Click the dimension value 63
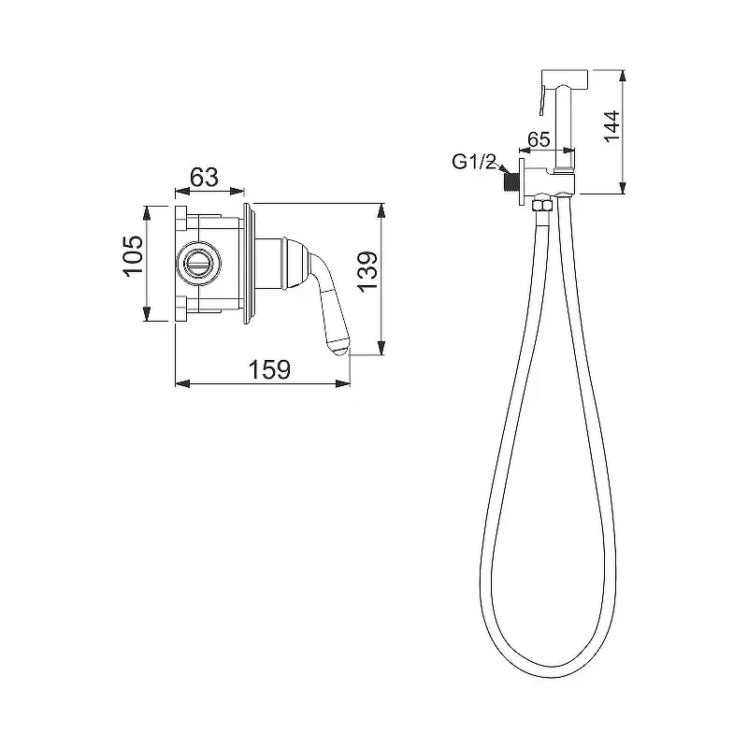204,177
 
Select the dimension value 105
133,254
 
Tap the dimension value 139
367,270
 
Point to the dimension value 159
269,369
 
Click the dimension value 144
611,126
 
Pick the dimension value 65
539,139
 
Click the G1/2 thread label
474,162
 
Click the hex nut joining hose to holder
541,205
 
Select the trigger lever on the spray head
542,98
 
